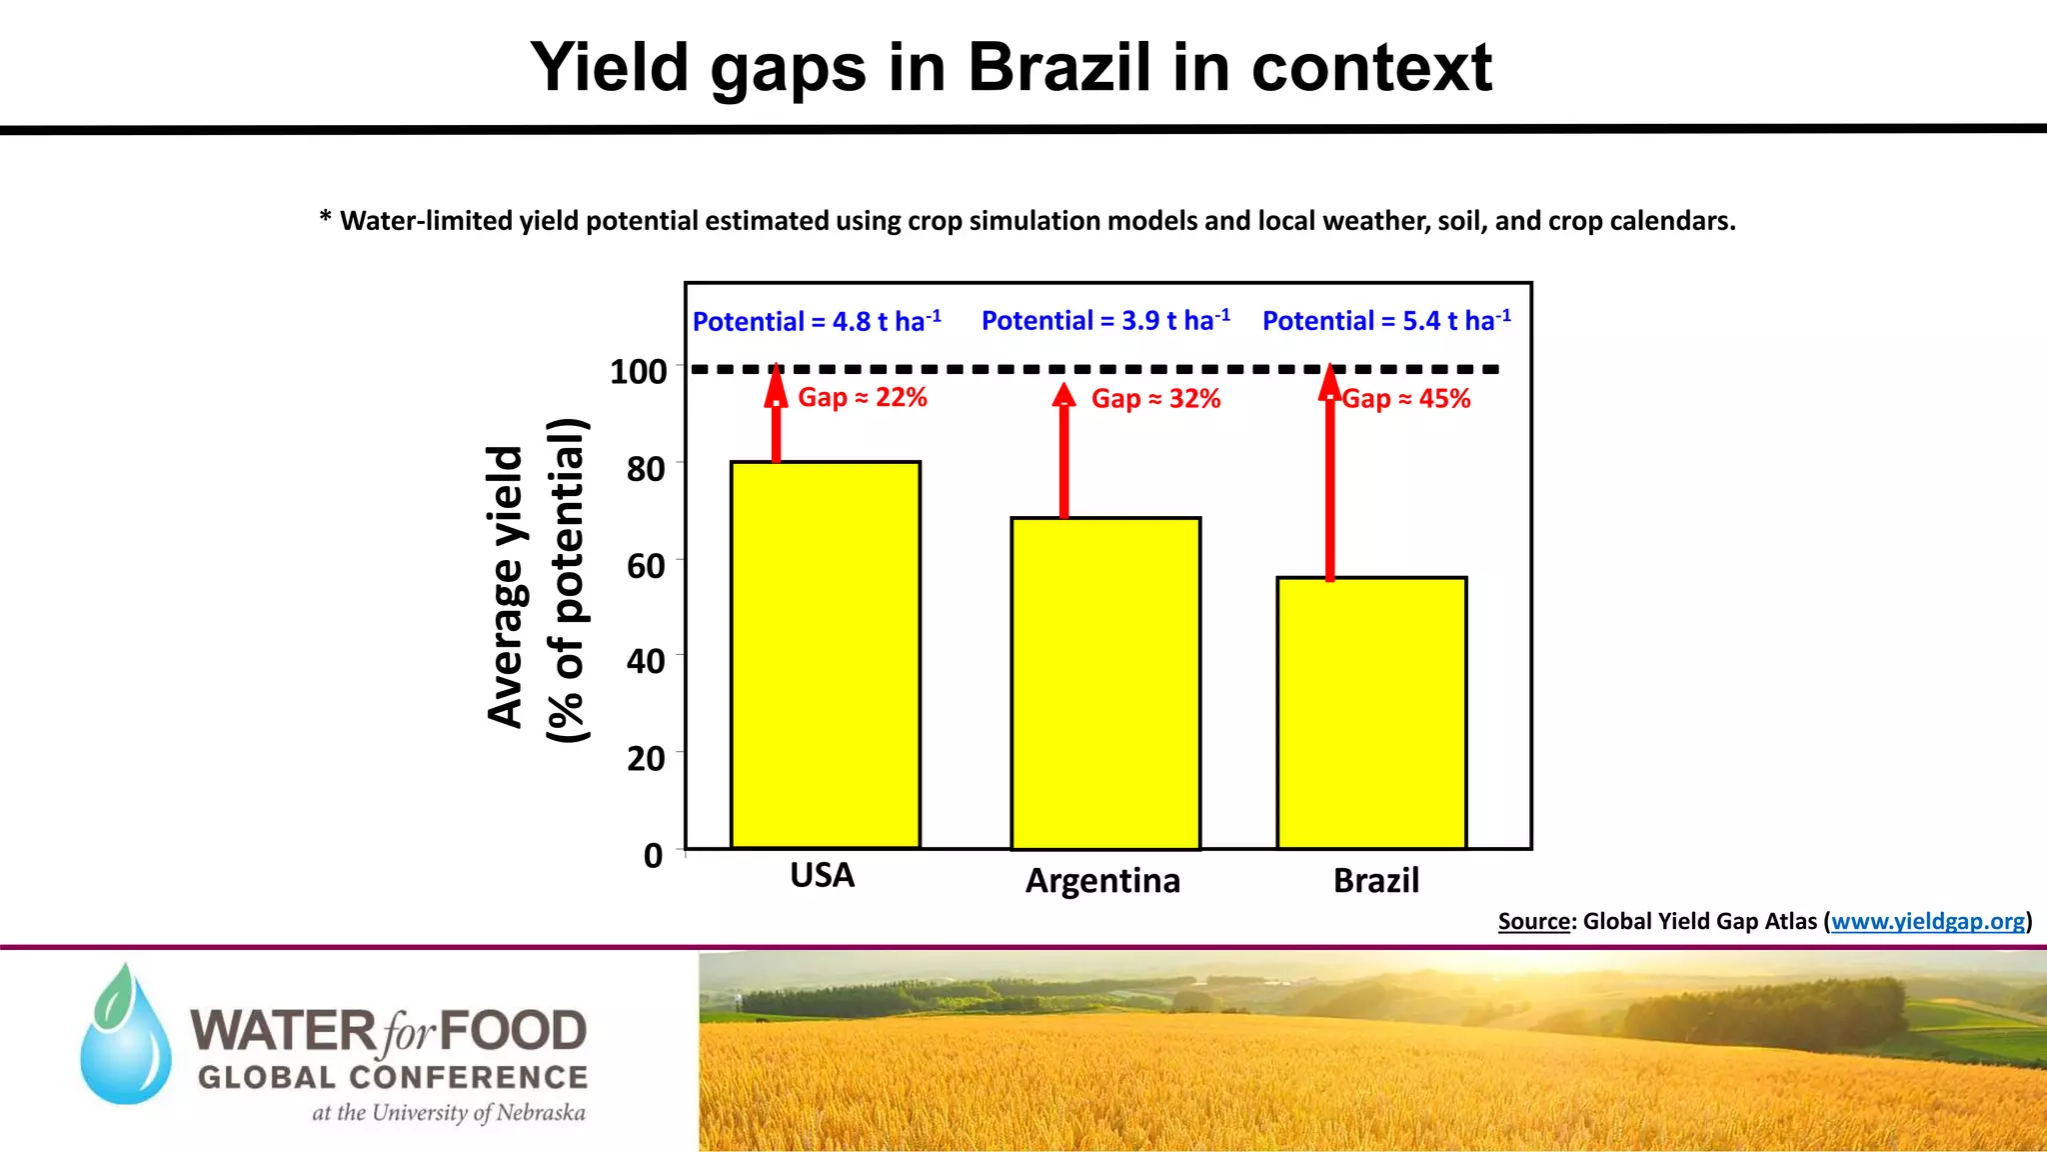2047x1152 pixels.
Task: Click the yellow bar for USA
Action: pos(825,655)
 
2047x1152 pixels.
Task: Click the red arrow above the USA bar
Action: pos(777,415)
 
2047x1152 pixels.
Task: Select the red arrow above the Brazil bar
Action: pos(1329,475)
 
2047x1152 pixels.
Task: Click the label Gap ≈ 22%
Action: pos(862,398)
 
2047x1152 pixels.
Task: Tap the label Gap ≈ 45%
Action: pos(1405,399)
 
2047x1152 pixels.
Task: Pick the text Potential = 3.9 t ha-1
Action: pos(1104,321)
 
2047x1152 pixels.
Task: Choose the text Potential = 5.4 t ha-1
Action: pos(1385,321)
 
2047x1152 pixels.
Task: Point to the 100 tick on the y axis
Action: pos(639,372)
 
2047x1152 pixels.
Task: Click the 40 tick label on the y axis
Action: pos(646,661)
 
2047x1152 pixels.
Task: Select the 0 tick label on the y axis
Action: pos(653,856)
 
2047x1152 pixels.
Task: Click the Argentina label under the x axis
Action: pos(1102,881)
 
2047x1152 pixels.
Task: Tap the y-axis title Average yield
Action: pos(506,587)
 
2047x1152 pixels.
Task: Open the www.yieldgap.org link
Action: pos(1927,922)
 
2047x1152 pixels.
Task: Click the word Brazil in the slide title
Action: pos(1059,68)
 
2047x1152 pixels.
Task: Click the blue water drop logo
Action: pos(126,1040)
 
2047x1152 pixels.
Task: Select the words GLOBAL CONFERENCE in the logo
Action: pos(393,1078)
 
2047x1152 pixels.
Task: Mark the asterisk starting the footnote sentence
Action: pos(325,217)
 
